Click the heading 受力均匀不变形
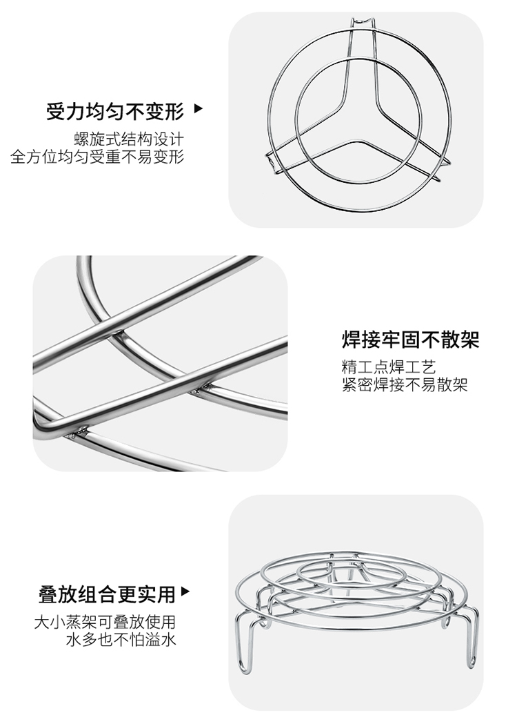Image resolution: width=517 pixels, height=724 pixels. click(115, 111)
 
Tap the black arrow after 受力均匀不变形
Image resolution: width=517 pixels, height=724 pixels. click(199, 109)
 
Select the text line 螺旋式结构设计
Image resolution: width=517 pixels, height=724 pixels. click(129, 139)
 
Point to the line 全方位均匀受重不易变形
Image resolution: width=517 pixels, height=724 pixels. click(97, 157)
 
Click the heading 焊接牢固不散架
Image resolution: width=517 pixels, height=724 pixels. click(410, 340)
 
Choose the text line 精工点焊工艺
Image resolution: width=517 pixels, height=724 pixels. click(388, 367)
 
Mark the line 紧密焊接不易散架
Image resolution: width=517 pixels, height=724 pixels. click(405, 384)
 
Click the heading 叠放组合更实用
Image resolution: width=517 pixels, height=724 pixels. click(107, 594)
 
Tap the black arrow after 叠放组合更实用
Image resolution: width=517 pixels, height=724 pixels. click(185, 591)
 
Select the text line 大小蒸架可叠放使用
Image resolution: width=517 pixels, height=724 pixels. click(105, 622)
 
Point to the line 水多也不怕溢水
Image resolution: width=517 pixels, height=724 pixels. click(121, 640)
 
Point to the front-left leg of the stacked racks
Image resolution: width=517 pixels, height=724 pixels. click(245, 643)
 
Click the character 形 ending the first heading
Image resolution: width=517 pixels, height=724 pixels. click(175, 111)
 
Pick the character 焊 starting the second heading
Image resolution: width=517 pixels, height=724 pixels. click(352, 340)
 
